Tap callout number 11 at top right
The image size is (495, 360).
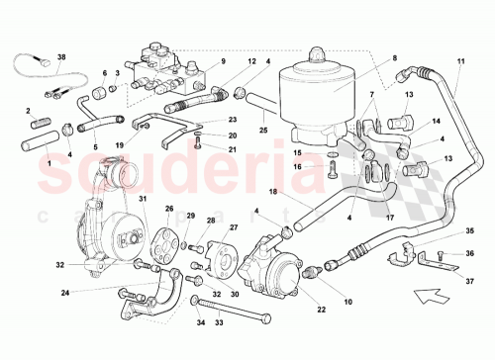(461, 64)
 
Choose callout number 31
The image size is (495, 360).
(143, 201)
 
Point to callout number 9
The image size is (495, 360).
(222, 61)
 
